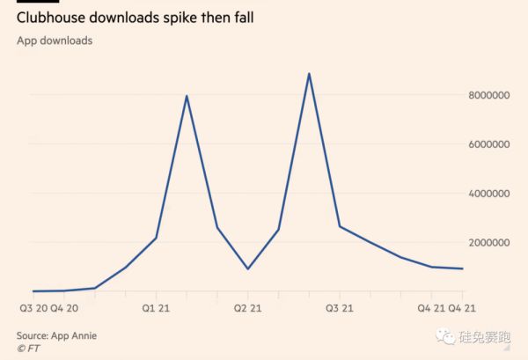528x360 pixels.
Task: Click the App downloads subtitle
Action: point(55,40)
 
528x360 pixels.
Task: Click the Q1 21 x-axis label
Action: point(155,308)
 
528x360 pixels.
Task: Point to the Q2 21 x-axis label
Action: point(247,308)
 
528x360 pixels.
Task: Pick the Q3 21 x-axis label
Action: point(339,308)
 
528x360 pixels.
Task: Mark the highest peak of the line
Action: point(309,74)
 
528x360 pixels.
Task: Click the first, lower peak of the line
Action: point(187,96)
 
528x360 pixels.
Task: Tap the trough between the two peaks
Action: point(247,268)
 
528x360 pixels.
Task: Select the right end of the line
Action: point(463,268)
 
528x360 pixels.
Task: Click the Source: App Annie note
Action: point(56,335)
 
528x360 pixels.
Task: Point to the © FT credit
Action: point(29,349)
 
